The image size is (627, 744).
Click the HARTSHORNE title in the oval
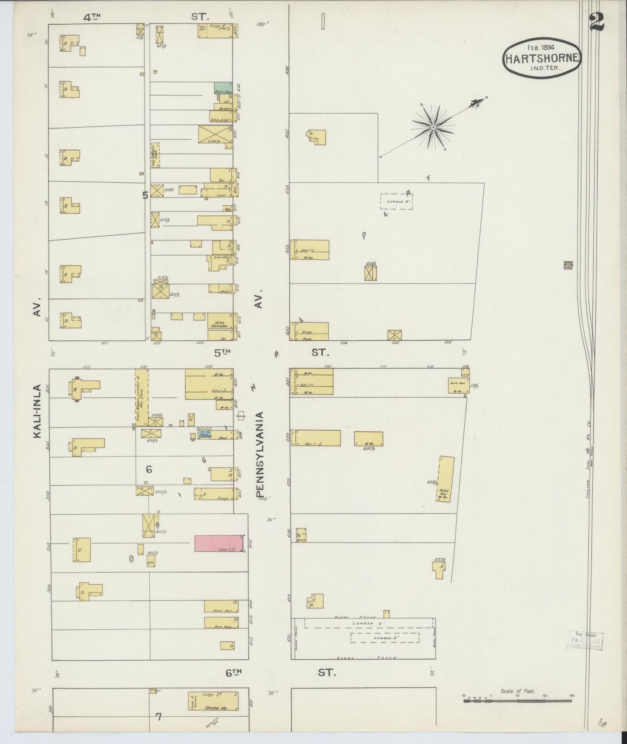542,58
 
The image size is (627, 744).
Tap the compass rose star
433,127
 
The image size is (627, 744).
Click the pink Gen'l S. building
219,543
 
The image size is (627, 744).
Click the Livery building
216,134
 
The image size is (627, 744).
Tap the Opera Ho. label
213,707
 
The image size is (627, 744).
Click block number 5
145,195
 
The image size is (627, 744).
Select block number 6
149,469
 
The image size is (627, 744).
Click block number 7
158,717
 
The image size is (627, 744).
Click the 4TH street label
92,17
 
